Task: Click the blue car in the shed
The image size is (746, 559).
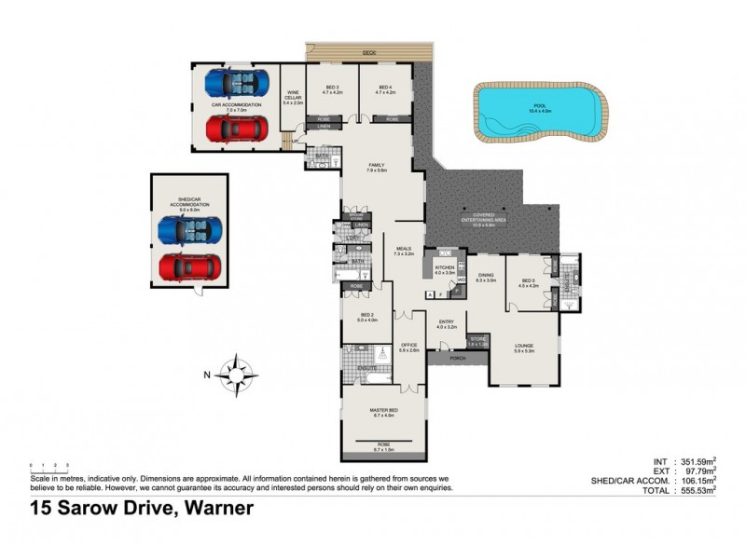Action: coord(190,229)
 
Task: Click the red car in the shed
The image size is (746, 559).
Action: coord(190,267)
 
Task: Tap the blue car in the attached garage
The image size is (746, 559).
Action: coord(237,85)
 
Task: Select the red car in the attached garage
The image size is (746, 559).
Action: coord(237,126)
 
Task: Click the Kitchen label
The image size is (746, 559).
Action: coord(444,267)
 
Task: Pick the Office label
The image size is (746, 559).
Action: coord(408,348)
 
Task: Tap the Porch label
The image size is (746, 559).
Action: coord(457,358)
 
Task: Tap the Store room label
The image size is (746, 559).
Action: coord(477,340)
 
